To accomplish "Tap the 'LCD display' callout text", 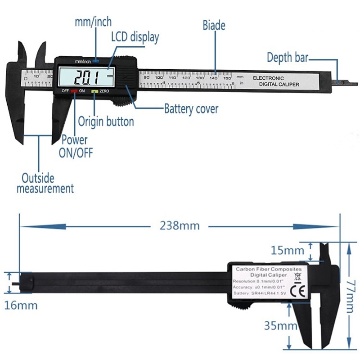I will pyautogui.click(x=135, y=37).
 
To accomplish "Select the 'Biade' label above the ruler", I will pyautogui.click(x=214, y=25).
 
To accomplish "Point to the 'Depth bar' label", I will pyautogui.click(x=288, y=58).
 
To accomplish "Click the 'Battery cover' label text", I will pyautogui.click(x=191, y=108).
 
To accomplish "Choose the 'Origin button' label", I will pyautogui.click(x=106, y=121).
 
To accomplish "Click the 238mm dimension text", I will pyautogui.click(x=180, y=225).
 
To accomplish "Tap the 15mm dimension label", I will pyautogui.click(x=287, y=249).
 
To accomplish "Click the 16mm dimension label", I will pyautogui.click(x=21, y=305).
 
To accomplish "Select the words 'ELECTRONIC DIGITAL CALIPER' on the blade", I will pyautogui.click(x=270, y=81).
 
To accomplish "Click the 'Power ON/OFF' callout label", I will pyautogui.click(x=75, y=146).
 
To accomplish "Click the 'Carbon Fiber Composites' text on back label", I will pyautogui.click(x=269, y=269).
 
